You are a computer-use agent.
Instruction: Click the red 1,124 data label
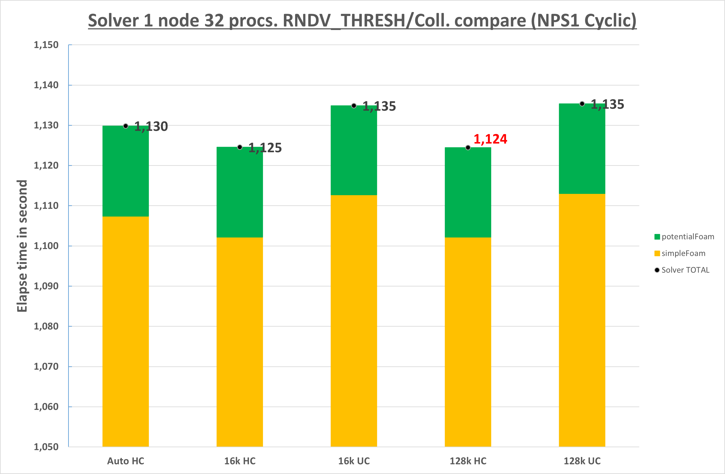(490, 139)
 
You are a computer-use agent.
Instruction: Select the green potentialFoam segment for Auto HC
(126, 171)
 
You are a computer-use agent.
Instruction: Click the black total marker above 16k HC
(240, 147)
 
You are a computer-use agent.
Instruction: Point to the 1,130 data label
(151, 126)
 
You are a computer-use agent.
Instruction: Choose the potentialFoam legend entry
(684, 237)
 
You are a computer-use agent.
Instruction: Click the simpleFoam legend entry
(680, 253)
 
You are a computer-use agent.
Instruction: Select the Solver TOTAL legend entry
(682, 270)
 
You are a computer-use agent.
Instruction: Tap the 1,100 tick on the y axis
(46, 246)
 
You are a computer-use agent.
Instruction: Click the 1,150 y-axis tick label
(46, 45)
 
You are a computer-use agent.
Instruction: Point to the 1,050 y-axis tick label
(46, 447)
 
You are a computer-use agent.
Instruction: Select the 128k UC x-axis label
(582, 461)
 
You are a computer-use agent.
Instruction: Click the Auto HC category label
(126, 461)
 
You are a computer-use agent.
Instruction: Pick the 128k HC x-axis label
(468, 461)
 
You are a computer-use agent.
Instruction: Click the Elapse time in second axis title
(22, 246)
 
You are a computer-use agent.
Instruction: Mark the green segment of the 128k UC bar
(582, 149)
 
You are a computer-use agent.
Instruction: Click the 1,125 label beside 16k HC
(265, 148)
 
